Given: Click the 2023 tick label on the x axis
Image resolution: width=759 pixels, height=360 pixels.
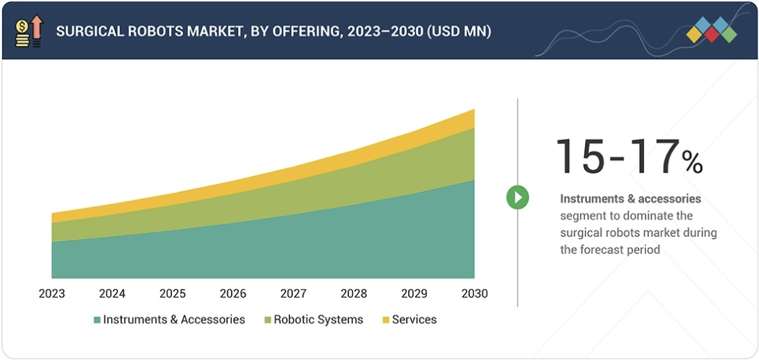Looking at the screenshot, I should (52, 293).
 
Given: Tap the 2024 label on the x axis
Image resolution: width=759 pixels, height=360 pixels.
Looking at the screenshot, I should (112, 293).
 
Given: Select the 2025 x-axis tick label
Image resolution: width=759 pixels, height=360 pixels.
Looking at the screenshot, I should (173, 293).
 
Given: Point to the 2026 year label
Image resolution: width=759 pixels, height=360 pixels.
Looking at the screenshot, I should (233, 293).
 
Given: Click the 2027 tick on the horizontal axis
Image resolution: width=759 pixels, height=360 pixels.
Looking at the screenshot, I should (293, 293).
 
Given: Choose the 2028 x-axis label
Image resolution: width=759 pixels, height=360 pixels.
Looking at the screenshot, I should (354, 293).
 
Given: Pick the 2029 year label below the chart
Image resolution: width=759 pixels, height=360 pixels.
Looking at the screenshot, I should (414, 293).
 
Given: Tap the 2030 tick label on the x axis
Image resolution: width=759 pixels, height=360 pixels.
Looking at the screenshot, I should (474, 293).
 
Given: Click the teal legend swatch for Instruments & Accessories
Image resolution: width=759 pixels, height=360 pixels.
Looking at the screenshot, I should (97, 320).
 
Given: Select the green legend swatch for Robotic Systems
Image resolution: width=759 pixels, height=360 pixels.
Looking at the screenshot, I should (268, 320).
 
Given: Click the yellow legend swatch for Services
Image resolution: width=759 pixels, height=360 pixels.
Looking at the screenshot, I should (386, 320).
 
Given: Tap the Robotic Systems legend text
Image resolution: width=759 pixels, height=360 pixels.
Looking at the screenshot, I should (318, 320).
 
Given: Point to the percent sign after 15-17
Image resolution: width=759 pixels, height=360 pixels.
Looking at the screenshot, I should (692, 163).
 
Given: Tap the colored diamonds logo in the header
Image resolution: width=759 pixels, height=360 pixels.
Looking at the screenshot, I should (711, 30).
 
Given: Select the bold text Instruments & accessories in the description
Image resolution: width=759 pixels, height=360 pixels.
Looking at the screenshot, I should (630, 199).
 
